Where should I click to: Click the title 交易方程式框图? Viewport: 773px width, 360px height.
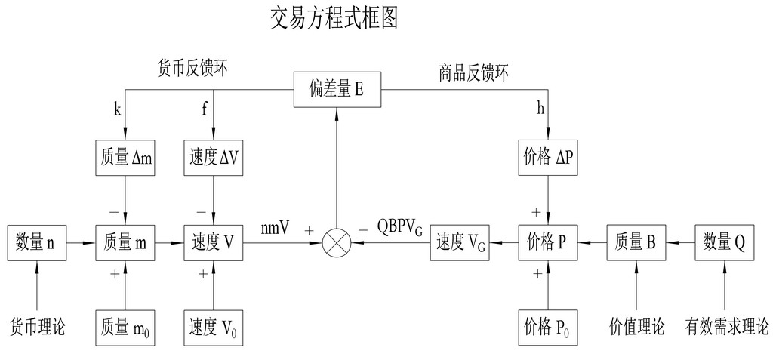pyautogui.click(x=333, y=17)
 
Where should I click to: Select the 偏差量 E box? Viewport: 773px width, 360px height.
pyautogui.click(x=337, y=89)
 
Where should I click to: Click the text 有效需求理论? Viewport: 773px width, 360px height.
pyautogui.click(x=727, y=327)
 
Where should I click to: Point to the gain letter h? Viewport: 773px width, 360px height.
pyautogui.click(x=540, y=109)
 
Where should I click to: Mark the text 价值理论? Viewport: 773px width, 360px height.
pyautogui.click(x=636, y=327)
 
